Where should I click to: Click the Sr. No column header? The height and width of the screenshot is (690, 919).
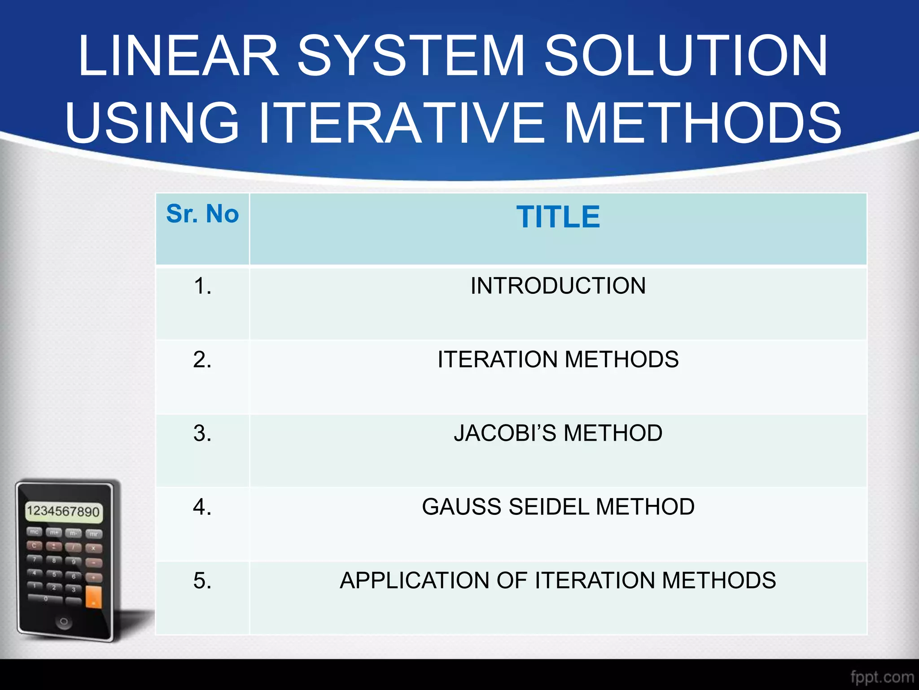202,214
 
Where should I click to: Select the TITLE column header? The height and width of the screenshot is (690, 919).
558,217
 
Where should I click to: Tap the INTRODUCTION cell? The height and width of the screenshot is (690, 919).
558,286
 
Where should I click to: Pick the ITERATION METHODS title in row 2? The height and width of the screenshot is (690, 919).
558,359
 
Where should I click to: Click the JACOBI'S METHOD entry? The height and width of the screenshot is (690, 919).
558,433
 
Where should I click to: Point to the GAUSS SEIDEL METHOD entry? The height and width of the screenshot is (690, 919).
558,507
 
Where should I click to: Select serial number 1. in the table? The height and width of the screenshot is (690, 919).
202,286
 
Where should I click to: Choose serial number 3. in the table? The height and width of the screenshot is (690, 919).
202,433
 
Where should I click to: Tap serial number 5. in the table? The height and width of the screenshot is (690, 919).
202,581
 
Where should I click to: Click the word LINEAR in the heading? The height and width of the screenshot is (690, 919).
179,56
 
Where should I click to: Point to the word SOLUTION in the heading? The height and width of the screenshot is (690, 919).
685,56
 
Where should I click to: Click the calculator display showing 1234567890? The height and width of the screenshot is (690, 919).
63,512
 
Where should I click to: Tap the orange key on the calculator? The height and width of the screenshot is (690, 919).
93,597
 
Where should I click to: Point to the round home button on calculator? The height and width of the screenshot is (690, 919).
64,622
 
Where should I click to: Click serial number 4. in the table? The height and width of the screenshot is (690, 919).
202,507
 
